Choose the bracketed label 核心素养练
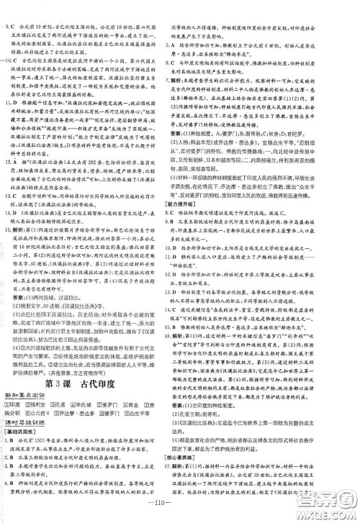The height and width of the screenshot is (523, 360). coord(203,453)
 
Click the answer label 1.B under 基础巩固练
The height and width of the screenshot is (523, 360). coord(12,417)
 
